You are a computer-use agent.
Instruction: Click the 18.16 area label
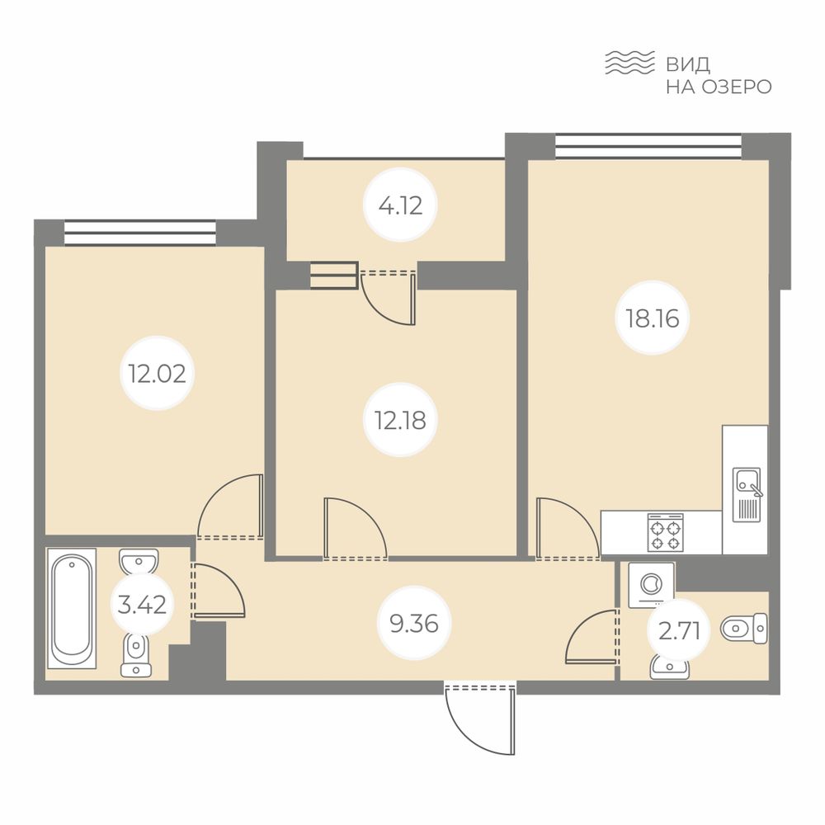pos(652,318)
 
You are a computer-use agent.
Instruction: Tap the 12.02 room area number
pos(158,374)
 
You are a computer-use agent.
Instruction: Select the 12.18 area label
pos(400,420)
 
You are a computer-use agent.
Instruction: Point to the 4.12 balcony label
pos(400,205)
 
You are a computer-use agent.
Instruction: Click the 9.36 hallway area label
pos(414,624)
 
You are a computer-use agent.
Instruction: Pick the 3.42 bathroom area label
pos(142,605)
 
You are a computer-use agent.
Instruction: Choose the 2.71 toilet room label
pos(680,631)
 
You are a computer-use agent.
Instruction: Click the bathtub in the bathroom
pos(72,608)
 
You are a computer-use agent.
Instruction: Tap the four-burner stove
pos(666,532)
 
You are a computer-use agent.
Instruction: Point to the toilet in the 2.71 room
pos(743,628)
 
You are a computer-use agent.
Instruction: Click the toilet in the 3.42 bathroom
pos(136,654)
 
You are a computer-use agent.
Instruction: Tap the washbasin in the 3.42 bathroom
pos(139,562)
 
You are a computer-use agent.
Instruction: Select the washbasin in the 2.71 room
pos(669,667)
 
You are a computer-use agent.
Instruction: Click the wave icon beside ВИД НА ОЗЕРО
pos(629,63)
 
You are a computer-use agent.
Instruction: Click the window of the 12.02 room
pos(140,233)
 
